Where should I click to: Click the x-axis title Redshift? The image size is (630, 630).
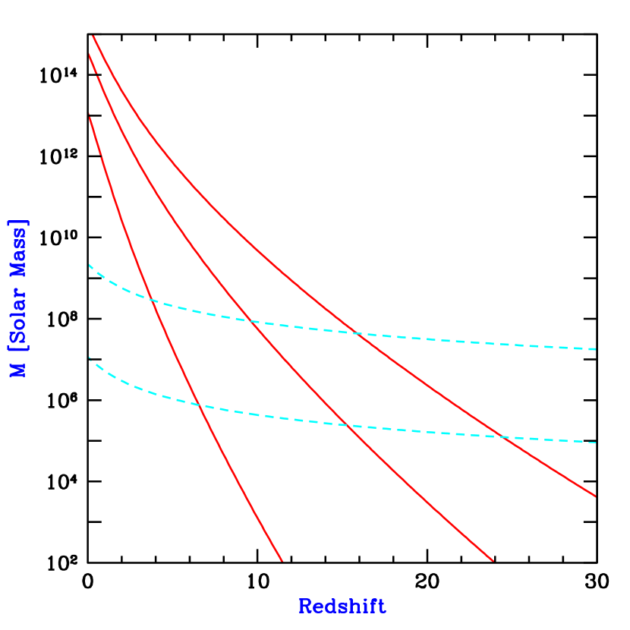(x=342, y=606)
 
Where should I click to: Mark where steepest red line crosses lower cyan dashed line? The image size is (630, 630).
(x=200, y=406)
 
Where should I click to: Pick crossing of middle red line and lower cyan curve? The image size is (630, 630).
(x=348, y=426)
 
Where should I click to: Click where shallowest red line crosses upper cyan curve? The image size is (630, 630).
(x=355, y=333)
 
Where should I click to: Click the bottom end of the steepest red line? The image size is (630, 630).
(x=282, y=561)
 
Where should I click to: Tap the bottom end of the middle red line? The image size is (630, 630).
(x=493, y=561)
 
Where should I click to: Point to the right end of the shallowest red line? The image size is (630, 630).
(x=596, y=496)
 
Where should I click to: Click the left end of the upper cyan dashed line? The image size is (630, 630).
(x=90, y=265)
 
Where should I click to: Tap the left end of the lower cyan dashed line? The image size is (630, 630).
(x=90, y=358)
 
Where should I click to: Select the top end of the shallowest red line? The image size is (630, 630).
(x=93, y=36)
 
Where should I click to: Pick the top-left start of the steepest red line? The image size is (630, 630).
(x=90, y=115)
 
